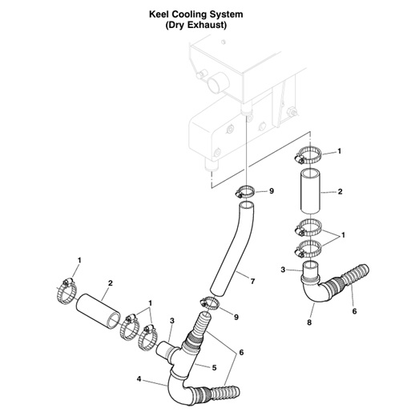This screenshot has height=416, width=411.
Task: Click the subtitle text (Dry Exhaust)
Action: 205,25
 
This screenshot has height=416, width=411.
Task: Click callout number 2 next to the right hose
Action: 340,193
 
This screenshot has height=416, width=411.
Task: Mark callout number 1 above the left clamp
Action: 79,261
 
